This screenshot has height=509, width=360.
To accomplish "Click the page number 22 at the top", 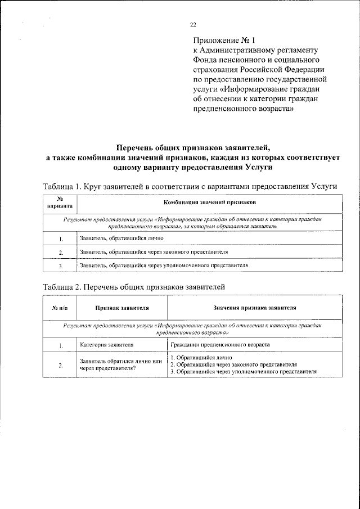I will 192,24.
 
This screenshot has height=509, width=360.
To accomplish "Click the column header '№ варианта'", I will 60,202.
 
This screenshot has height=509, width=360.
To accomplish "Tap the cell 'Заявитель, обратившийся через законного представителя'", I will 154,251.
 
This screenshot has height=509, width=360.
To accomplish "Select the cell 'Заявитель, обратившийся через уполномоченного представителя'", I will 164,265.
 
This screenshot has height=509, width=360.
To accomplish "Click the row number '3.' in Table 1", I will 60,265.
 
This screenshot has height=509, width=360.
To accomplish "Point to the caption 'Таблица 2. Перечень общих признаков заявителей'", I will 134,287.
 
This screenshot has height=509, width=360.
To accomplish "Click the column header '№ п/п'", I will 60,308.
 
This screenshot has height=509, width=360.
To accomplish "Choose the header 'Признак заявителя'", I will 121,308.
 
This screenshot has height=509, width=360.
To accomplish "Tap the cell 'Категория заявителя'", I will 106,344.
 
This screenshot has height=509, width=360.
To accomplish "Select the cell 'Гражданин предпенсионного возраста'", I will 220,344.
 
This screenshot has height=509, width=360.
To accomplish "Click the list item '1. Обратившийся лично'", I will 201,358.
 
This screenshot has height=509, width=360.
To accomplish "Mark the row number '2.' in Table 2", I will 60,366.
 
